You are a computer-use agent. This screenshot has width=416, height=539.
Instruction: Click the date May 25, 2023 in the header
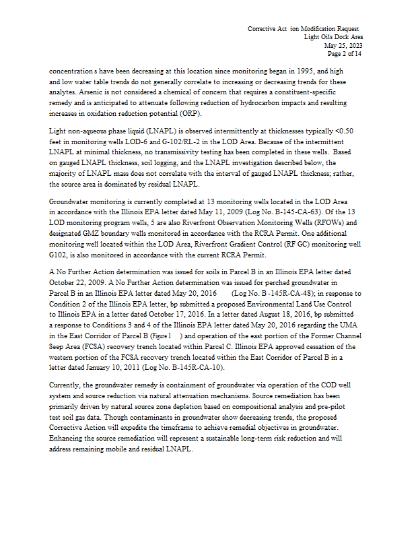(x=345, y=45)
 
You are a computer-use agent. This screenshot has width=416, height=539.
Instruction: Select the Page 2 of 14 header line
(x=344, y=53)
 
